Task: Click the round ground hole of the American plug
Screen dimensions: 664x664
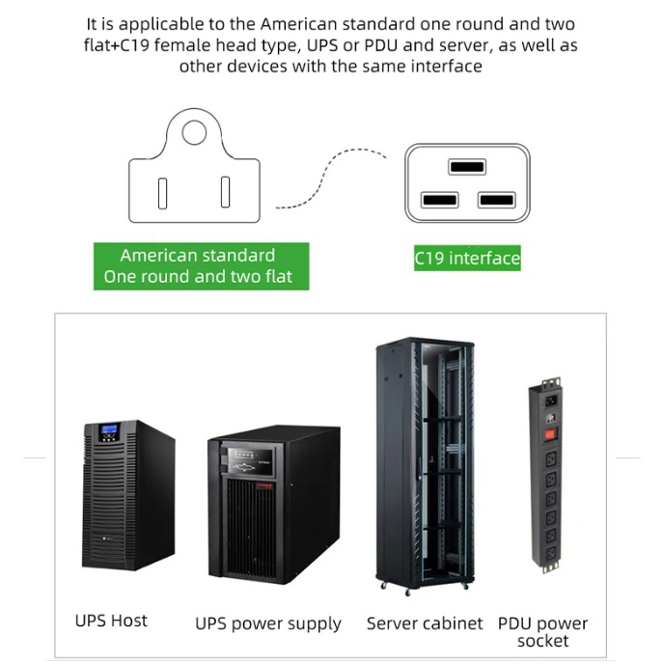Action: coord(194,132)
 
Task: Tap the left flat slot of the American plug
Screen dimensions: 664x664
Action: coord(162,194)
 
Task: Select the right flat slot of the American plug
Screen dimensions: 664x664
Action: coord(225,192)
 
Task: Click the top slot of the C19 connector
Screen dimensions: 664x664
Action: coord(467,166)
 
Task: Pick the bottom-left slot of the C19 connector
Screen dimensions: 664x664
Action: coord(439,200)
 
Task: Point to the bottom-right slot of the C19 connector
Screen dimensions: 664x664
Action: coord(497,200)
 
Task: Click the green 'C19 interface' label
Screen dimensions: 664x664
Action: coord(467,258)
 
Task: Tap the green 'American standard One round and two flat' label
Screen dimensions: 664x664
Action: coord(201,266)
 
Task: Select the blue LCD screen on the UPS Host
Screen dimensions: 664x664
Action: coord(109,429)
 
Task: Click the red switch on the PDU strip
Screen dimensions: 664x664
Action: coord(550,433)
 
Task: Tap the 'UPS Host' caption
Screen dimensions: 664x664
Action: coord(111,621)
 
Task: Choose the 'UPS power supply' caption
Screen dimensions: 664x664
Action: coord(268,623)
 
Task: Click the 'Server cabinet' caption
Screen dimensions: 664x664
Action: coord(425,623)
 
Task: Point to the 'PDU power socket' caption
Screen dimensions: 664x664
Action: coord(543,632)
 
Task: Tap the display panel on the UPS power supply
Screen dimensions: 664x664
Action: coord(248,460)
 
